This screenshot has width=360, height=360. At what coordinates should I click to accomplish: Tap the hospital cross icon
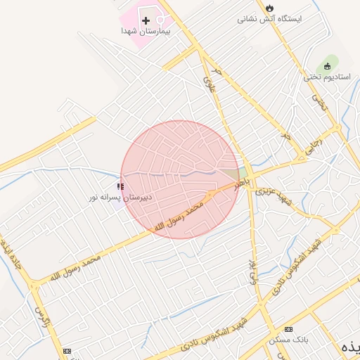coord(146,20)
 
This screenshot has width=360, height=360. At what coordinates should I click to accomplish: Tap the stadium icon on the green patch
coord(327,65)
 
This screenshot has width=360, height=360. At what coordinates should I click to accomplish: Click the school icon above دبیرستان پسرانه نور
coord(120,187)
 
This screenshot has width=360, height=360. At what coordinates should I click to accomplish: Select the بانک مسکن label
coord(289,340)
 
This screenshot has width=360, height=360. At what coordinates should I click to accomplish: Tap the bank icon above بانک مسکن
coord(288,329)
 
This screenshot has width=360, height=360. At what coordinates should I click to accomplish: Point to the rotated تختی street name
coord(322,104)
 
